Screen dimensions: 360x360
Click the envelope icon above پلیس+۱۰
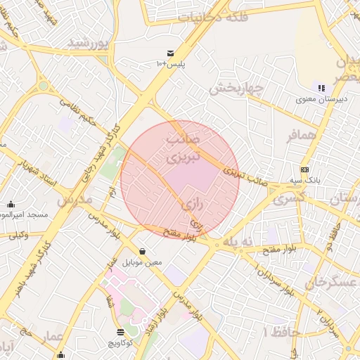(x=171, y=53)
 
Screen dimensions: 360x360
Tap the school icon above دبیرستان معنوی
(x=321, y=89)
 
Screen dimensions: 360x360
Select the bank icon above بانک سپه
(x=304, y=169)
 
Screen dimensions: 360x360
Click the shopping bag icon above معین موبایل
(x=143, y=251)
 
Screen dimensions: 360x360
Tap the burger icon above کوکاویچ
(x=120, y=332)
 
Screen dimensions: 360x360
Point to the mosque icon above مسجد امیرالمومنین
(x=11, y=204)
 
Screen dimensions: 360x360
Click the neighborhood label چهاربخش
(x=236, y=89)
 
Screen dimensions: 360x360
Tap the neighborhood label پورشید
(x=90, y=44)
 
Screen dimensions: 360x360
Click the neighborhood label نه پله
(x=237, y=243)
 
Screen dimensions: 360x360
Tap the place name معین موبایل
(x=143, y=262)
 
